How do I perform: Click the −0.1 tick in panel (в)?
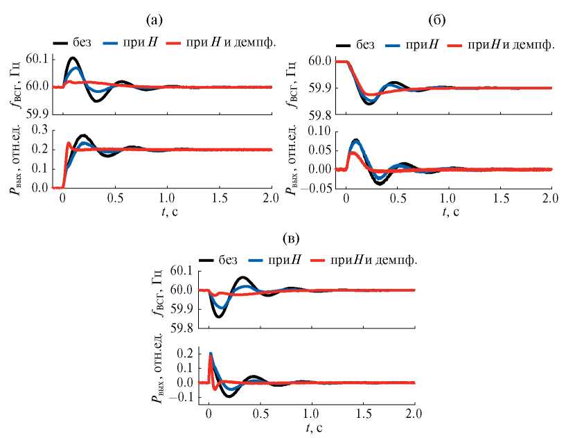[183, 398]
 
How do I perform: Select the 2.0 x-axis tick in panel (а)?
[270, 198]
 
